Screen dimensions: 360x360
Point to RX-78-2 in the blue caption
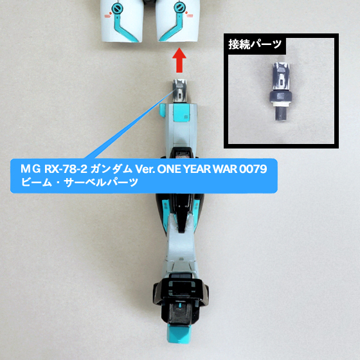click(x=62, y=170)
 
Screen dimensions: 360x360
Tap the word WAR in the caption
click(x=232, y=170)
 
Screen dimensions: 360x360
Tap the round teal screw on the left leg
click(x=116, y=8)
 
